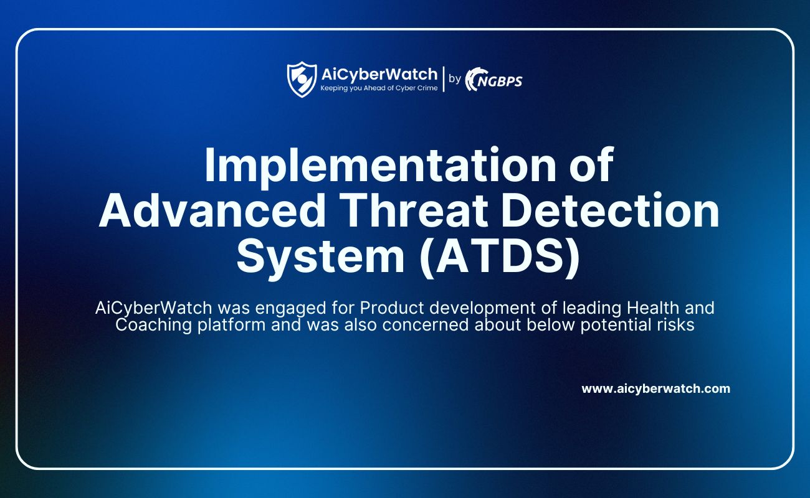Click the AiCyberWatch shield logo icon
point(302,79)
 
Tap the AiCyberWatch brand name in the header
point(379,75)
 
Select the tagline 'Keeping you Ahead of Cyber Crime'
point(379,88)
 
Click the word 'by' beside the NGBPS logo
point(455,78)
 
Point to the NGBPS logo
point(493,79)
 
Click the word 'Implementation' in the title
point(379,166)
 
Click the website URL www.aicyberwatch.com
point(655,389)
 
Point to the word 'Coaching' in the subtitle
point(153,325)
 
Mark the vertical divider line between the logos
point(444,79)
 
